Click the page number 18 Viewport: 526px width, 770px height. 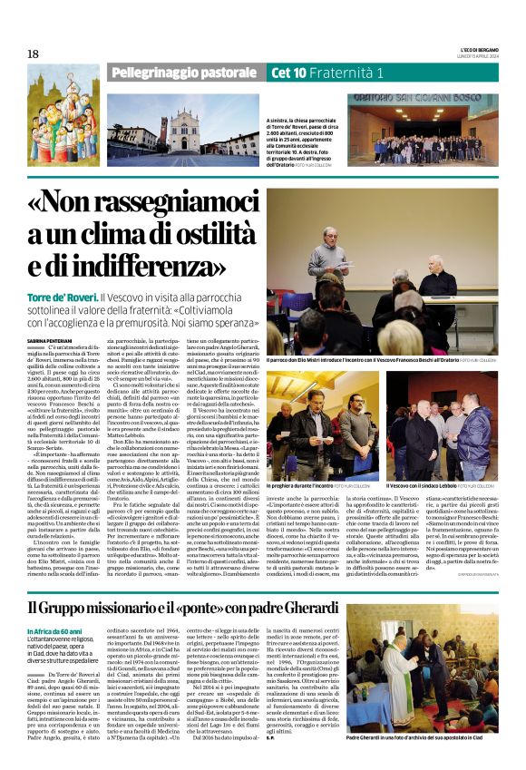33,54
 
